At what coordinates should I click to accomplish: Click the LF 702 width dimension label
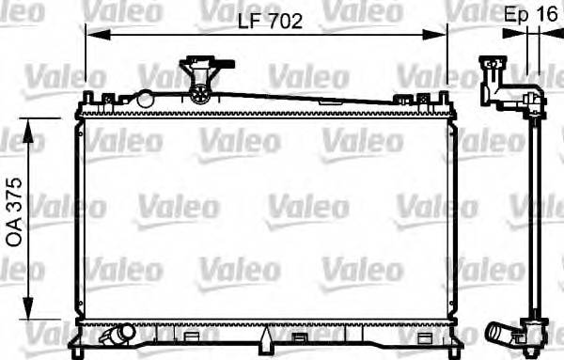pos(263,22)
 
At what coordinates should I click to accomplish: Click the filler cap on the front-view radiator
pos(198,69)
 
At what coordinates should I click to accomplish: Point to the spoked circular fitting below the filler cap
pos(200,91)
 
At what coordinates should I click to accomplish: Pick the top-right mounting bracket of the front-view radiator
pos(442,98)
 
